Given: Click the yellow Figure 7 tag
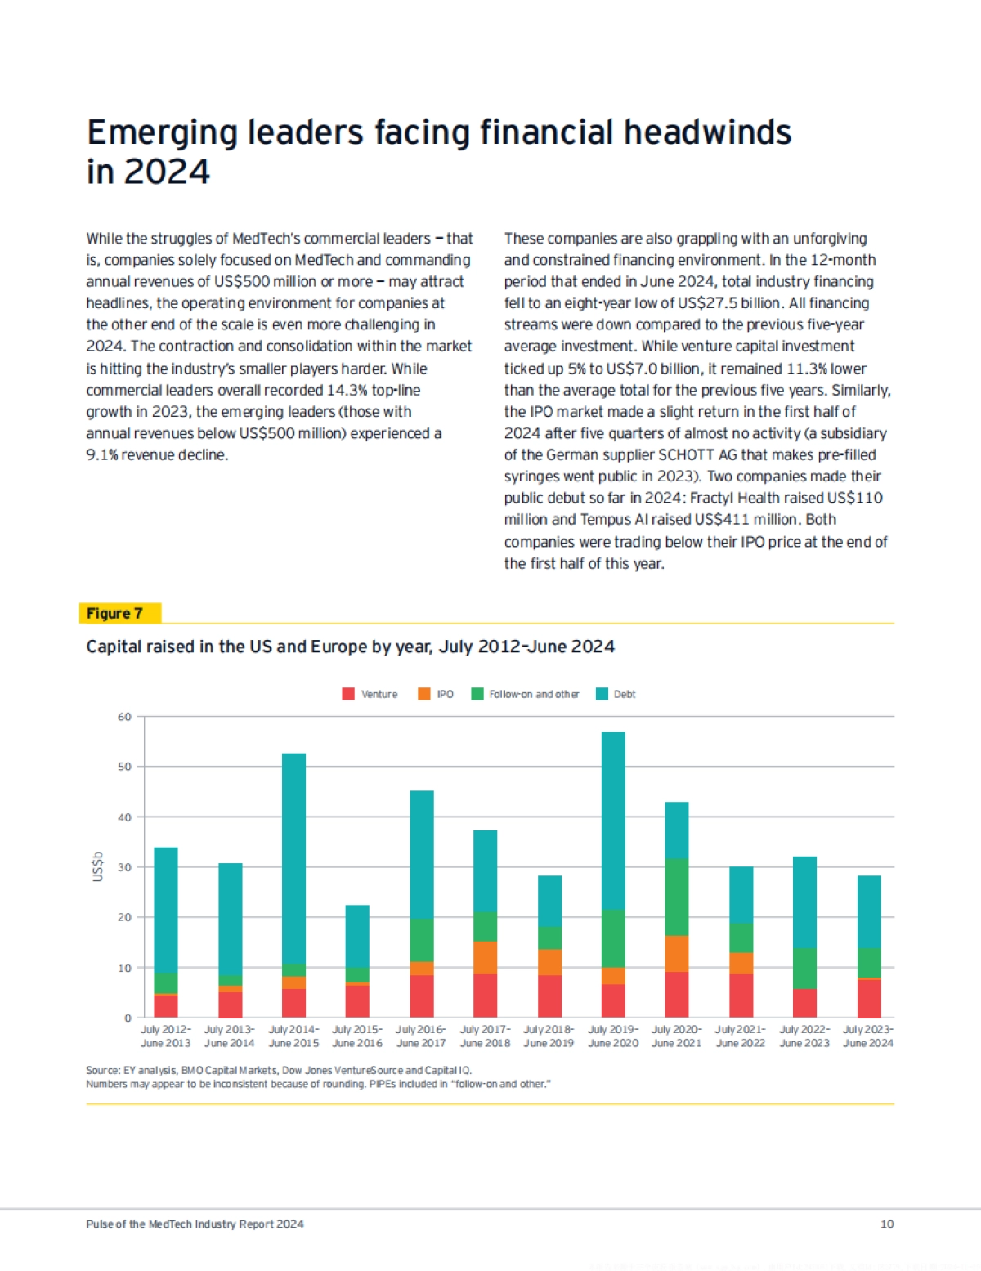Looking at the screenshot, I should (x=119, y=613).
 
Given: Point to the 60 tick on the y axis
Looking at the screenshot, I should (x=124, y=717).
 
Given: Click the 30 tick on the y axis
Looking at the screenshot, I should (x=124, y=867).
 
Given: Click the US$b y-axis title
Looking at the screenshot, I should (x=98, y=866).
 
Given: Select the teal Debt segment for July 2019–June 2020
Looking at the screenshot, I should (x=613, y=820).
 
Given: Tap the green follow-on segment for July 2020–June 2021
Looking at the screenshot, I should (x=677, y=897).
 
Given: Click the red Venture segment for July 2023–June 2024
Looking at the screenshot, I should (x=869, y=998).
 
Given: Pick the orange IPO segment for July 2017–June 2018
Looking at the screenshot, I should (x=485, y=957).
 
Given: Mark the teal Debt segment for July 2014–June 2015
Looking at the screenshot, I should (x=293, y=858).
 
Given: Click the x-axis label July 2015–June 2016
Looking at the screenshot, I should (x=357, y=1036).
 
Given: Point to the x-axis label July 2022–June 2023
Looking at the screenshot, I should (x=804, y=1036).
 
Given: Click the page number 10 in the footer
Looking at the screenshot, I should (x=887, y=1224).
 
